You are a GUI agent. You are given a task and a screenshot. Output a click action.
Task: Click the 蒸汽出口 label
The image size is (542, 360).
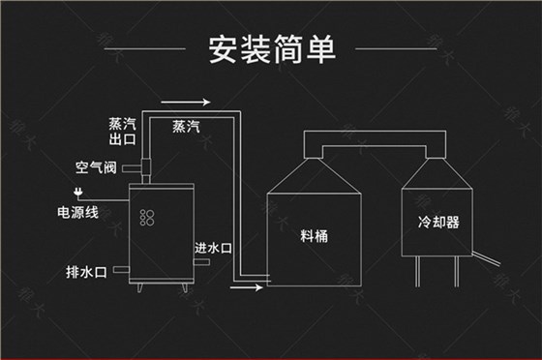[123, 131]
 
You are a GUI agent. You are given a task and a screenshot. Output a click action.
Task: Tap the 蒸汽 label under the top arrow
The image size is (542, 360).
[186, 126]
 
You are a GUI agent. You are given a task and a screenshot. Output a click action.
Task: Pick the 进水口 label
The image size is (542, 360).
[213, 247]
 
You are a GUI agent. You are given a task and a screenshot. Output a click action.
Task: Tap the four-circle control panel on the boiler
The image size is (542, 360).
[148, 217]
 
